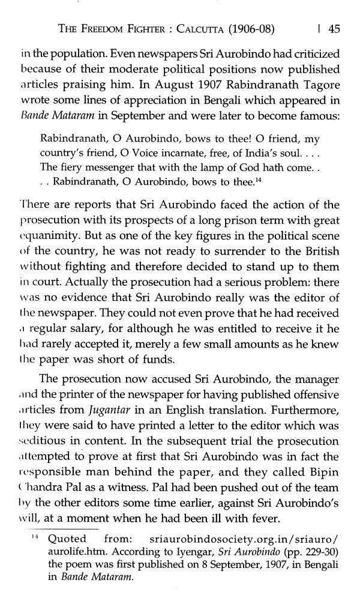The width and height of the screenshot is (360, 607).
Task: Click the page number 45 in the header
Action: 335,28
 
